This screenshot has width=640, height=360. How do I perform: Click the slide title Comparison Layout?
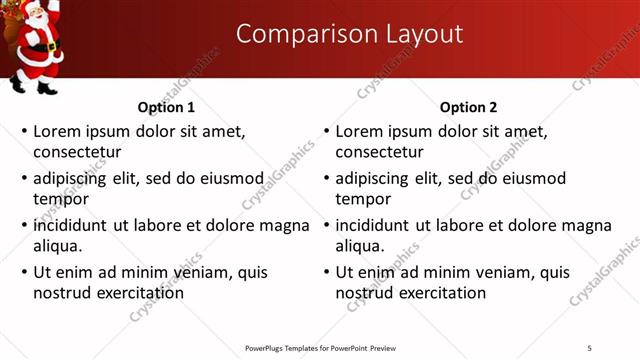(x=349, y=34)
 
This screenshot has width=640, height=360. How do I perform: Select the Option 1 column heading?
(x=166, y=107)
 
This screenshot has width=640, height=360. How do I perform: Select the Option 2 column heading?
(x=468, y=107)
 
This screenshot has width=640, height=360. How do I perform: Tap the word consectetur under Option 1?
(x=77, y=153)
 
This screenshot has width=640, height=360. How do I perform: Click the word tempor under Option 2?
(x=363, y=199)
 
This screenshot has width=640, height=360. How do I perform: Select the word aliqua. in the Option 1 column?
(x=57, y=246)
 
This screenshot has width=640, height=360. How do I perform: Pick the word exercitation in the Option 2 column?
(x=443, y=293)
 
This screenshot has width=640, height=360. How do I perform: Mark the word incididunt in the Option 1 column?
(x=71, y=224)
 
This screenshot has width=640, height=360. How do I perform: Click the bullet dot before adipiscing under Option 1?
(x=24, y=179)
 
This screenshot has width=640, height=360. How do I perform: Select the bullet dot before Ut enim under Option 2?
(x=326, y=272)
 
